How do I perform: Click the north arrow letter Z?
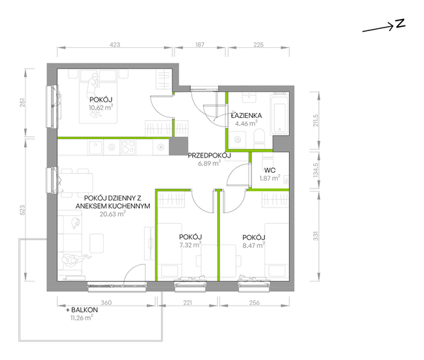(x=400, y=23)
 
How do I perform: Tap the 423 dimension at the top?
(x=115, y=44)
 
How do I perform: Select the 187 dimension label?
(x=200, y=44)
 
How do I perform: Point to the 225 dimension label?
(x=259, y=44)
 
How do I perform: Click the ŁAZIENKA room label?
(x=247, y=116)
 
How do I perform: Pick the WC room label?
(x=270, y=170)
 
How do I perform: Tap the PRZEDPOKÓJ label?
(x=209, y=155)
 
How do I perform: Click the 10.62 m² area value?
(x=101, y=107)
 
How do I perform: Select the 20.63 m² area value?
(x=112, y=214)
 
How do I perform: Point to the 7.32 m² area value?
(x=190, y=245)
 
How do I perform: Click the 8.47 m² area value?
(x=254, y=245)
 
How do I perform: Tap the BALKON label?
(x=82, y=310)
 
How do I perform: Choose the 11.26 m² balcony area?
(x=82, y=318)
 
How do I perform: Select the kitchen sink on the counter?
(x=95, y=148)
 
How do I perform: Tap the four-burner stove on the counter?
(x=128, y=148)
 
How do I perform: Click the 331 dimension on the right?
(x=316, y=236)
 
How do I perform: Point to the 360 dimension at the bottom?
(x=106, y=303)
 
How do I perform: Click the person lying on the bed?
(x=95, y=96)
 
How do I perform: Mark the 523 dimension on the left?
(x=23, y=210)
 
